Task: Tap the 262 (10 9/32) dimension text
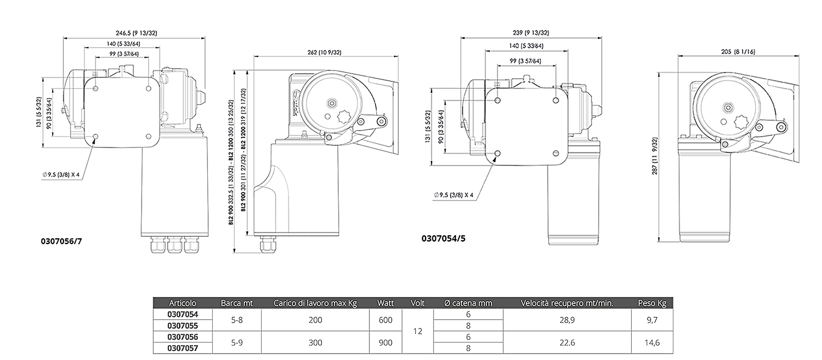point(324,53)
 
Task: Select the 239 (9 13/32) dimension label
point(531,33)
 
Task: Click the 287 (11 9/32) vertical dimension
point(655,156)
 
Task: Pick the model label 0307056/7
point(61,242)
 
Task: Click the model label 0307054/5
point(443,239)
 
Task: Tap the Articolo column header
point(183,303)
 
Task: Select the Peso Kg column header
point(652,303)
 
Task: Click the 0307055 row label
point(182,326)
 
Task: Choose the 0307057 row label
point(182,348)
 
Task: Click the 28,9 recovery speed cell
point(567,320)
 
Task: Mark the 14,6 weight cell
point(652,343)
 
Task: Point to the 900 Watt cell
point(386,343)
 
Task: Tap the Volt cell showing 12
point(418,331)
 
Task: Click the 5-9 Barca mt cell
point(237,343)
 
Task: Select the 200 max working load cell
point(315,320)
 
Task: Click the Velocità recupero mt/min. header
point(567,303)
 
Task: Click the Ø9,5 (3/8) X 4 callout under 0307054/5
point(454,195)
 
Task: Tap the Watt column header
point(386,303)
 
